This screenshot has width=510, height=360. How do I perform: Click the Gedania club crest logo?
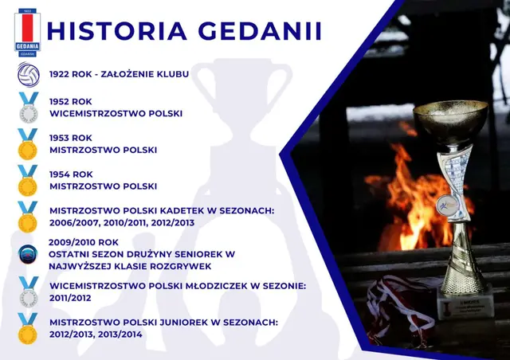[27, 32]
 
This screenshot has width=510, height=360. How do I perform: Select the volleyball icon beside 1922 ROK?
[29, 75]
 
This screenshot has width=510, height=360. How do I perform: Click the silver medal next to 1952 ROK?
[29, 107]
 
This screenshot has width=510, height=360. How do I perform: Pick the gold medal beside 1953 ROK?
[29, 143]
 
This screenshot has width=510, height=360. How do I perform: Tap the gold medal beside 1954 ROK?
[29, 180]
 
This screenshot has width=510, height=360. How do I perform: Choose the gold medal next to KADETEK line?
[29, 217]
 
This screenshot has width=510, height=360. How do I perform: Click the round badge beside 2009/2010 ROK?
[29, 253]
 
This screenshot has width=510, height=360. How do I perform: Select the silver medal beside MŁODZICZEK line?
[29, 292]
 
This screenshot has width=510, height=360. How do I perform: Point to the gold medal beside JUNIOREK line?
[29, 328]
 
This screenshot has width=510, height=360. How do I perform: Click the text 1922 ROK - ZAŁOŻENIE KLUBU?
[119, 74]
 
